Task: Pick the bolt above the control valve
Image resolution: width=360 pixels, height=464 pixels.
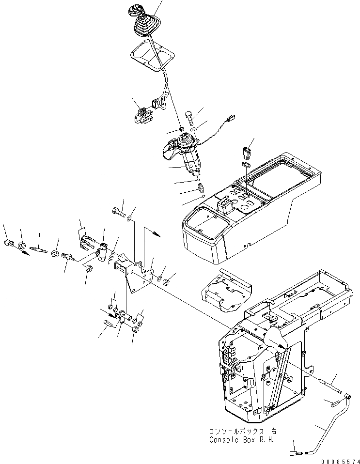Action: pyautogui.click(x=188, y=117)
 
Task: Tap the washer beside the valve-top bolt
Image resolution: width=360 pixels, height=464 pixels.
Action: pyautogui.click(x=193, y=130)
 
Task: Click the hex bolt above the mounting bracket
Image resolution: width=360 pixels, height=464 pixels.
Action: pyautogui.click(x=118, y=212)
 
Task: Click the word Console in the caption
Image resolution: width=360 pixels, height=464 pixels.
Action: pyautogui.click(x=223, y=440)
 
